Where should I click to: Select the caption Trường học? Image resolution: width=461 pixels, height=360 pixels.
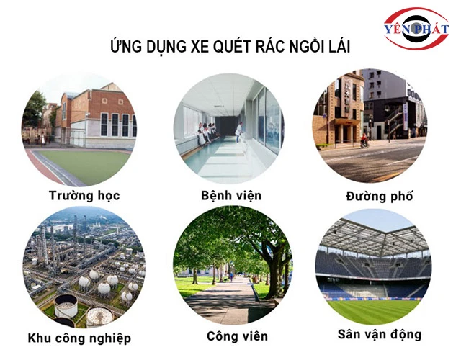84,195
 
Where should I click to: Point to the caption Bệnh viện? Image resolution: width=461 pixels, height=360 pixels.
231,195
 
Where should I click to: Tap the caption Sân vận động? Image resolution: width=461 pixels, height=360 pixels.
379,334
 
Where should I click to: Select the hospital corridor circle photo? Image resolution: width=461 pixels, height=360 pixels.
230,128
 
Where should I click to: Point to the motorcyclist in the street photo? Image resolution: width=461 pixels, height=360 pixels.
364,140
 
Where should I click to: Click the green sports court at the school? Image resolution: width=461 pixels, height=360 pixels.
83,164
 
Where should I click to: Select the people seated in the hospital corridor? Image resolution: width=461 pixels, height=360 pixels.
207,132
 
